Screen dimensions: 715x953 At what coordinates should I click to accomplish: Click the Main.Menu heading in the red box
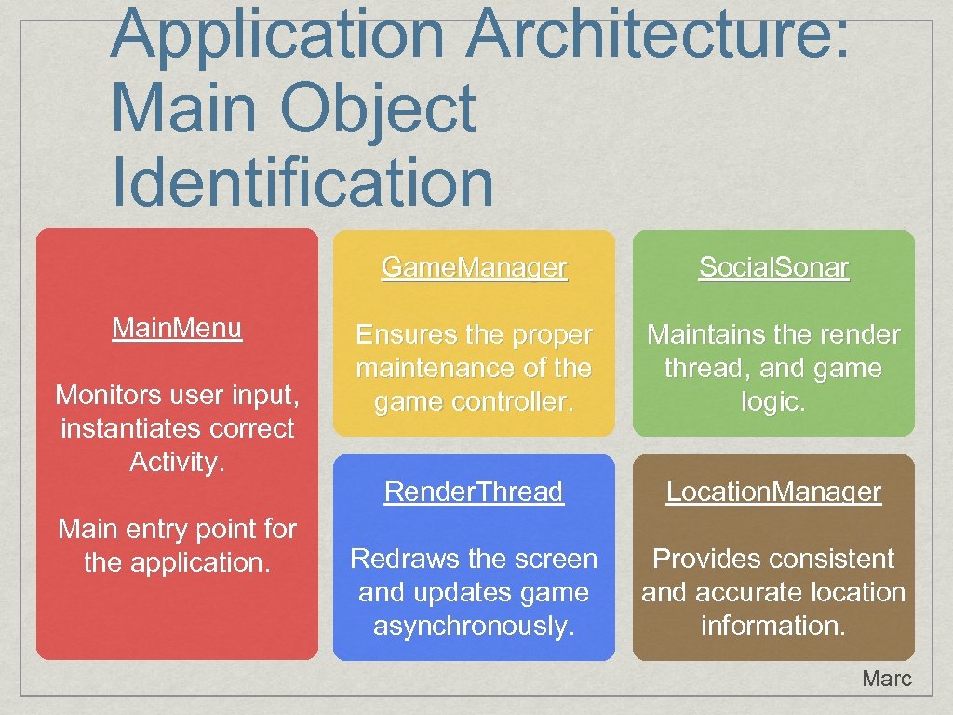coord(177,328)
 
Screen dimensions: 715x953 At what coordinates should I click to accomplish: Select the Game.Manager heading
coord(474,268)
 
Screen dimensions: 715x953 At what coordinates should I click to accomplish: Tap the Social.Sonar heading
coord(773,268)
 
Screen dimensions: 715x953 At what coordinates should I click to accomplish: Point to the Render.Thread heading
coord(474,492)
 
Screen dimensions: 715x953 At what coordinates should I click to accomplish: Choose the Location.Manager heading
coord(773,492)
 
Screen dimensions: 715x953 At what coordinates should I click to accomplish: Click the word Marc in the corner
coord(886,679)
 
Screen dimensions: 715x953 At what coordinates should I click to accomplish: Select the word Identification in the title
coord(302,182)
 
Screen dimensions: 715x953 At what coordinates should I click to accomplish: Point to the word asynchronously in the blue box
coord(474,626)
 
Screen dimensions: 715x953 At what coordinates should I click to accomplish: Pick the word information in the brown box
coord(772,626)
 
